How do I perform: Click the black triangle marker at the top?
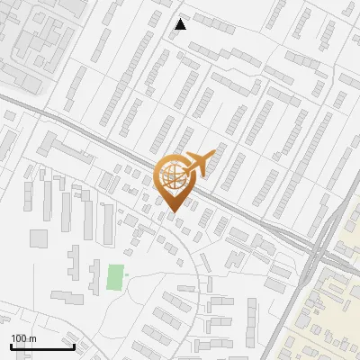tap(180, 24)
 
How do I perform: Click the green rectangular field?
tap(114, 276)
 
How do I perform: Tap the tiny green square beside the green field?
tap(127, 274)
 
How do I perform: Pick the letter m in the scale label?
tap(31, 339)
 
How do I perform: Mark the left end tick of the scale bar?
tap(11, 346)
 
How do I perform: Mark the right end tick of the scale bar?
tap(74, 346)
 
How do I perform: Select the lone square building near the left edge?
tap(38, 238)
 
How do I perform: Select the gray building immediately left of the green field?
tap(94, 277)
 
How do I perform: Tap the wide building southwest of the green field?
tap(66, 296)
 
